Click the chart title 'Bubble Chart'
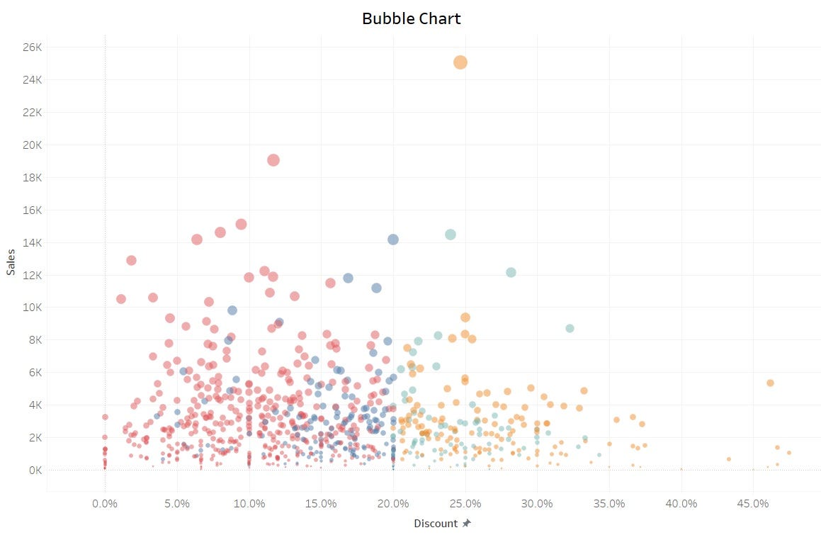click(x=411, y=18)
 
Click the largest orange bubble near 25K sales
click(x=460, y=62)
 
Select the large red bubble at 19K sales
click(x=273, y=160)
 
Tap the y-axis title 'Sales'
click(x=11, y=261)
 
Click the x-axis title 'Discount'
click(x=436, y=524)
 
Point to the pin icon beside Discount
click(x=466, y=524)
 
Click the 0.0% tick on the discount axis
click(x=105, y=504)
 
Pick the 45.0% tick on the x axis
click(x=753, y=504)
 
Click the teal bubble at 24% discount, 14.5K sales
click(x=451, y=235)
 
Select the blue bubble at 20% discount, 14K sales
click(x=393, y=240)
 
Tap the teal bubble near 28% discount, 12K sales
click(x=511, y=272)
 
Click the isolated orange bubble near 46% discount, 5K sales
click(x=770, y=383)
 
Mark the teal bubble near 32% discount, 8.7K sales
click(x=570, y=328)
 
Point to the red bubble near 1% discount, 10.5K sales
click(x=121, y=299)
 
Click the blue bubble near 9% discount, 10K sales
click(x=232, y=310)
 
